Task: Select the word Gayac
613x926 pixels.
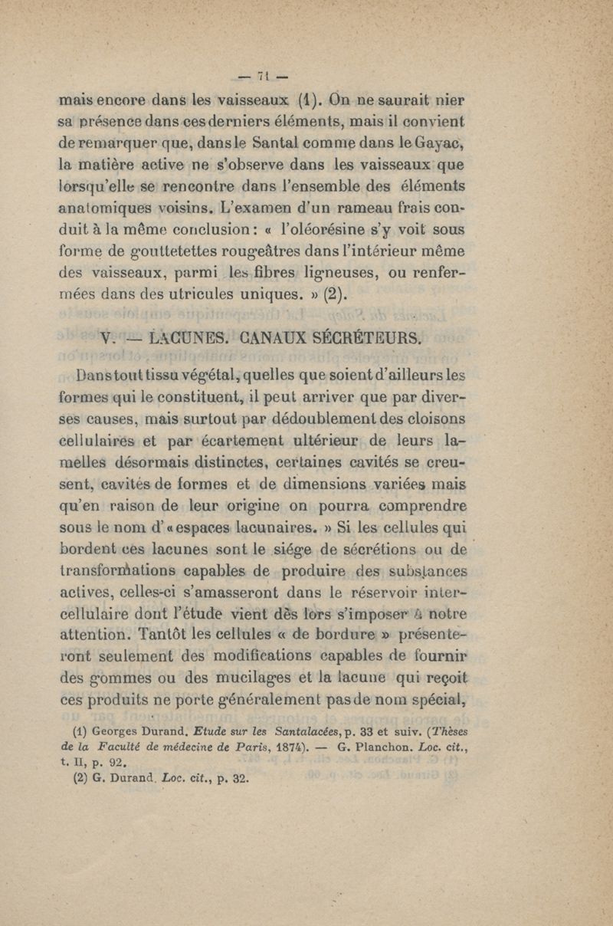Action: (x=441, y=141)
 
